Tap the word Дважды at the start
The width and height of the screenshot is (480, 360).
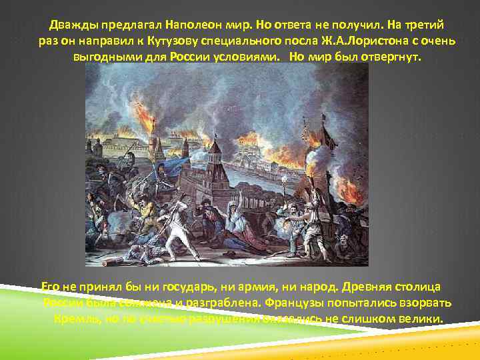click(x=73, y=26)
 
